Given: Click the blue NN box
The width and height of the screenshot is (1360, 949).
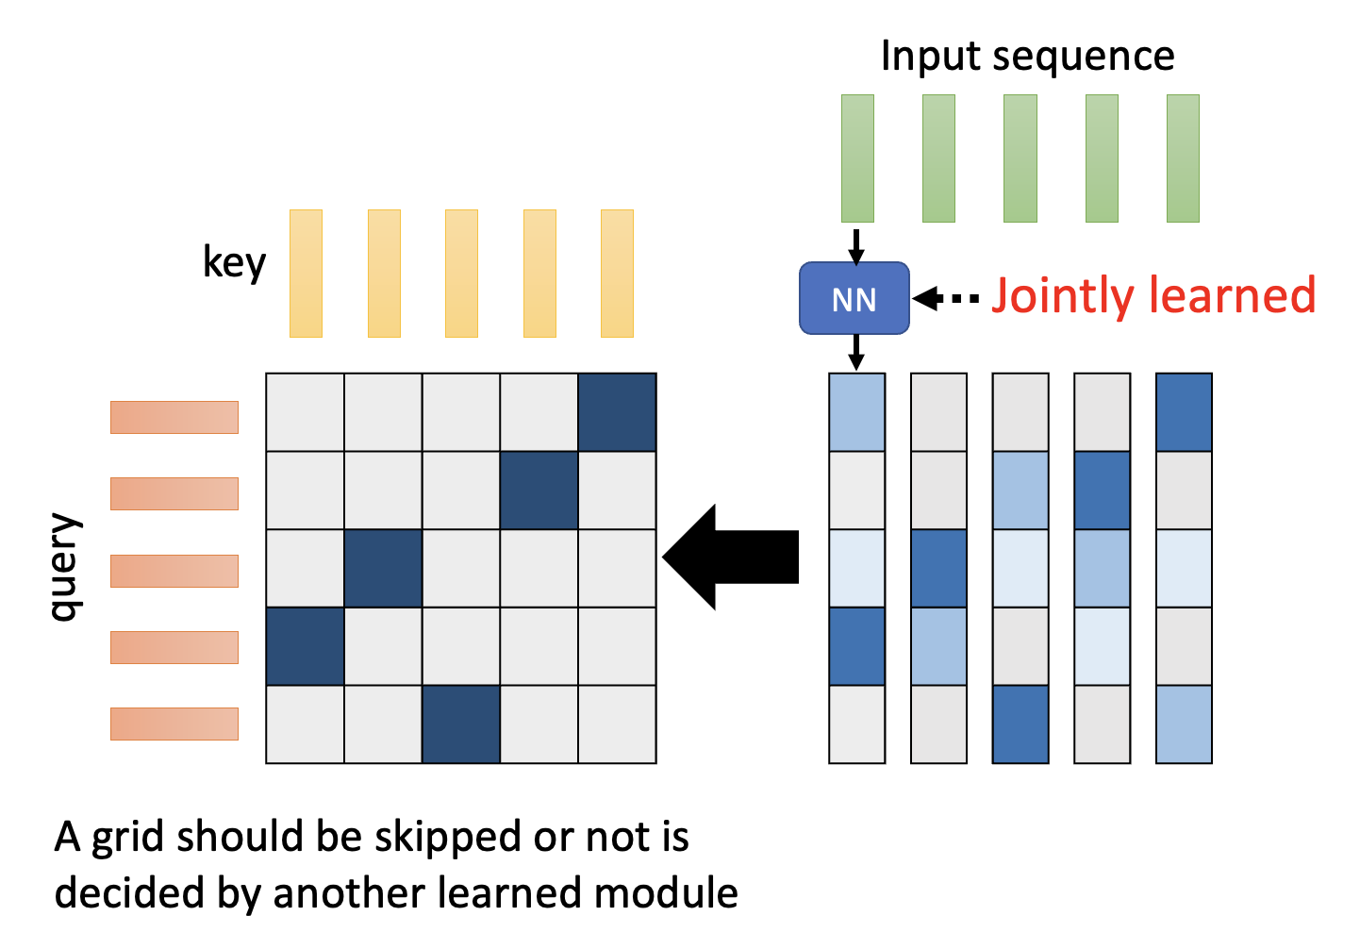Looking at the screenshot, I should (854, 299).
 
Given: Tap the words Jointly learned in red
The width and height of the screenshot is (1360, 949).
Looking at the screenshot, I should (1153, 295).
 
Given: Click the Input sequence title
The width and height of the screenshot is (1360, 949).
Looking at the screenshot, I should (1027, 57).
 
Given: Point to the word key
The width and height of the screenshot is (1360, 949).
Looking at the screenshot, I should (234, 263).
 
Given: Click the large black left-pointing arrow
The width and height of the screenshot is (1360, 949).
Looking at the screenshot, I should (731, 557).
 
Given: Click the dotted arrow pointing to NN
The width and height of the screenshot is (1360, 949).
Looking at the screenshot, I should (947, 299).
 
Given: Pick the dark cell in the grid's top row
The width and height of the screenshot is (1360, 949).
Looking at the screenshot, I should (617, 412).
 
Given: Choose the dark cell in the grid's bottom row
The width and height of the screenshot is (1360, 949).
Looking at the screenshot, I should (461, 724).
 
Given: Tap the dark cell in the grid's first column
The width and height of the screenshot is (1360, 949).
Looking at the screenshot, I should (305, 646).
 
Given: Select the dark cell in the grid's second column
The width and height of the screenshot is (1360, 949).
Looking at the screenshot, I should (383, 569).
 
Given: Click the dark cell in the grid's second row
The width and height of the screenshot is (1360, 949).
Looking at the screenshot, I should (539, 491).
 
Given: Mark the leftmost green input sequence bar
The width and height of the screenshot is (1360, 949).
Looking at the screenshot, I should (857, 158).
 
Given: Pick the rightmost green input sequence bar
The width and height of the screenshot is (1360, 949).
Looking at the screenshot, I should (1183, 158).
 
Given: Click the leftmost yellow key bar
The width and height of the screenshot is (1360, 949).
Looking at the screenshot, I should (306, 274).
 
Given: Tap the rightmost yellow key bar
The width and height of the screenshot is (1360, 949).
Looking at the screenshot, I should (617, 274).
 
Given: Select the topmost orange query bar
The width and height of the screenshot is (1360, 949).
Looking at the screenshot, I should (174, 417).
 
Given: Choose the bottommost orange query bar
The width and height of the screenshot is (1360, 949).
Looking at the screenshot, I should (174, 724).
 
